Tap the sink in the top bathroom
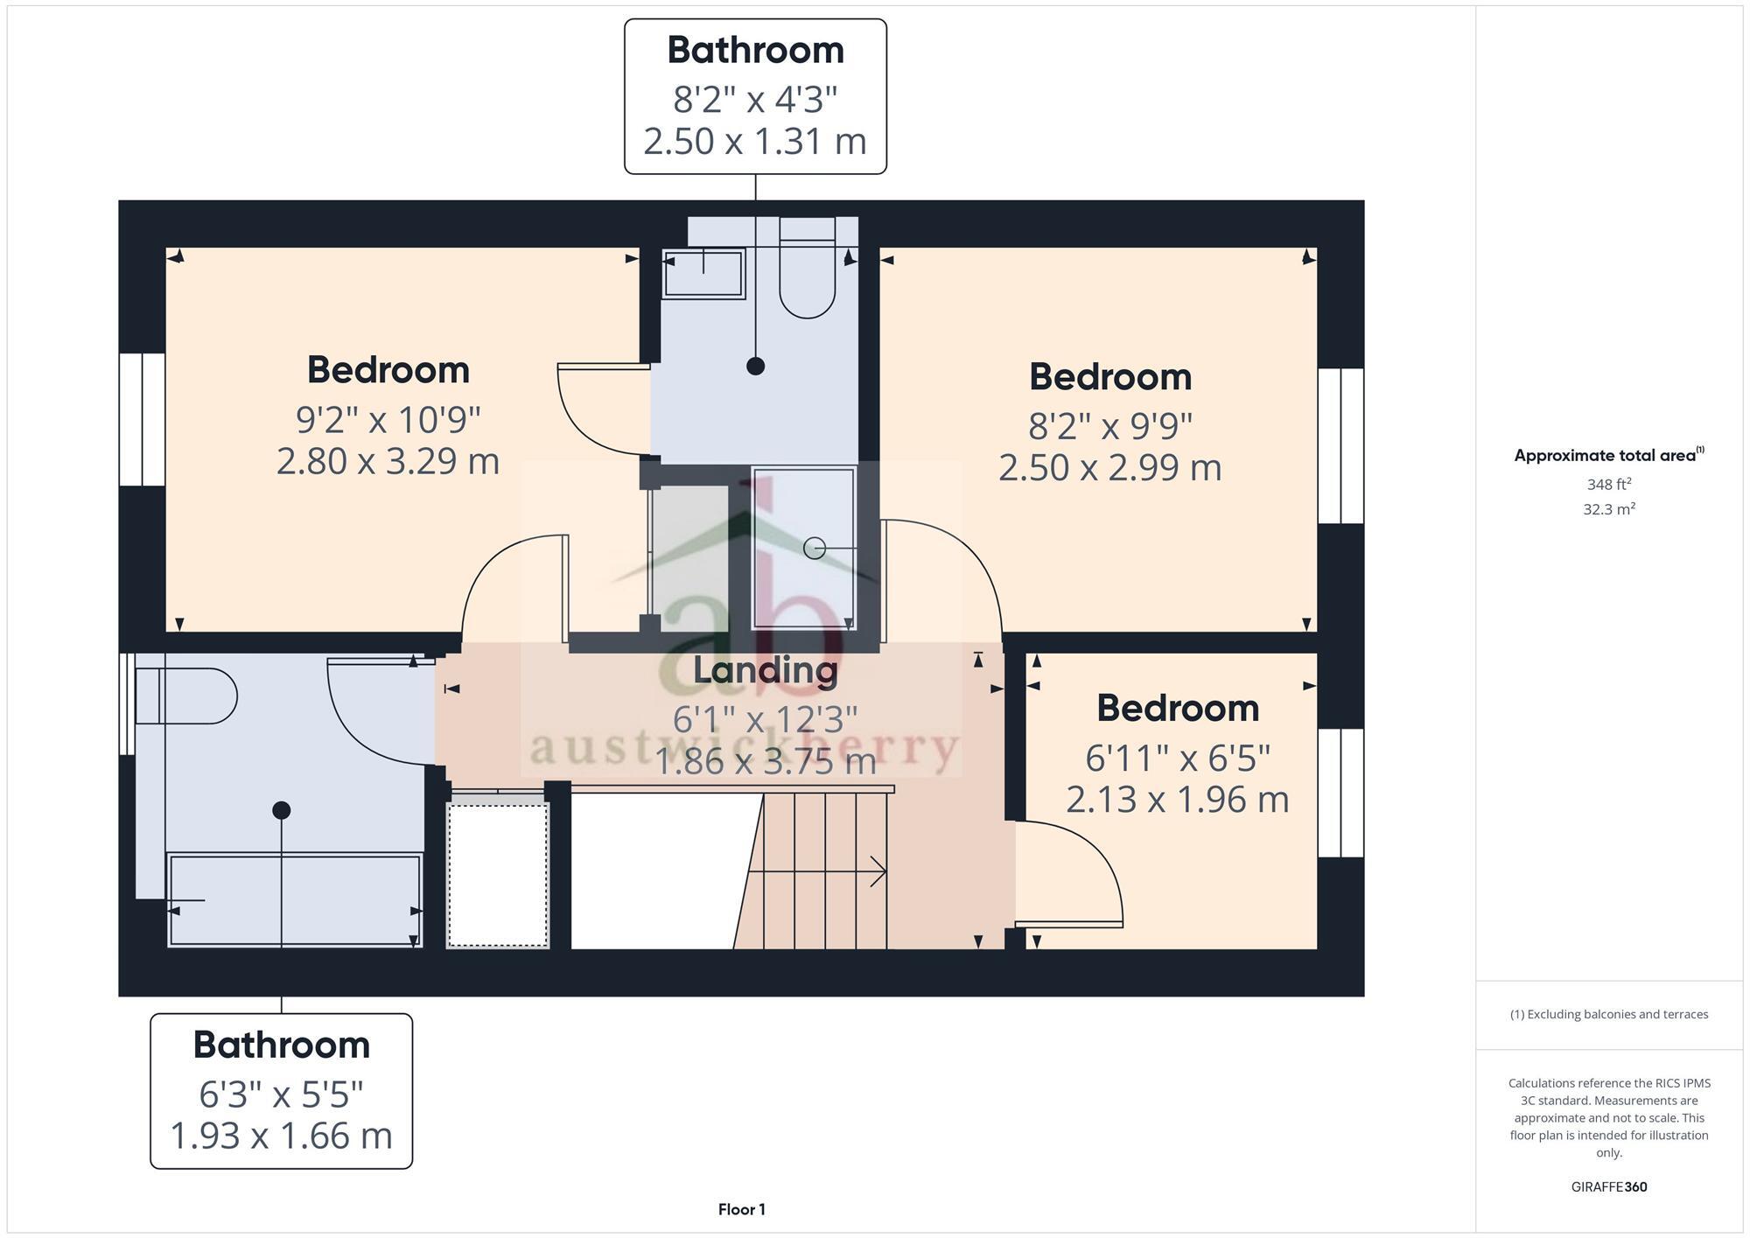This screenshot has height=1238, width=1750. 703,273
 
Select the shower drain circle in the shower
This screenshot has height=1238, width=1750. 814,549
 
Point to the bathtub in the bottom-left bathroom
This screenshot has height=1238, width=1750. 295,900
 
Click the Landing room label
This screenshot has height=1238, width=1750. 765,670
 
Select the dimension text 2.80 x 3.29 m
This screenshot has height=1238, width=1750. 388,461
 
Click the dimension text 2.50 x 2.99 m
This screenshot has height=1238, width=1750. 1109,467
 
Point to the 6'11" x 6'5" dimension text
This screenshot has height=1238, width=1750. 1177,758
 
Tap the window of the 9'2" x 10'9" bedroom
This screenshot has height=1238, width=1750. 142,419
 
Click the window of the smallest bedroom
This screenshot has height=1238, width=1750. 1340,793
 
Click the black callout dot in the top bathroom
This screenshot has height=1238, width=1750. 755,367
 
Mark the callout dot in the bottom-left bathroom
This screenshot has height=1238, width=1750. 281,810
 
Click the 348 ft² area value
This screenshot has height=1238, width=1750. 1608,484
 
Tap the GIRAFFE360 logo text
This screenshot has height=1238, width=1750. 1608,1187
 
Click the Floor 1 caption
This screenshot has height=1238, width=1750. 741,1209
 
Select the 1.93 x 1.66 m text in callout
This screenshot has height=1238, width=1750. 281,1136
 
